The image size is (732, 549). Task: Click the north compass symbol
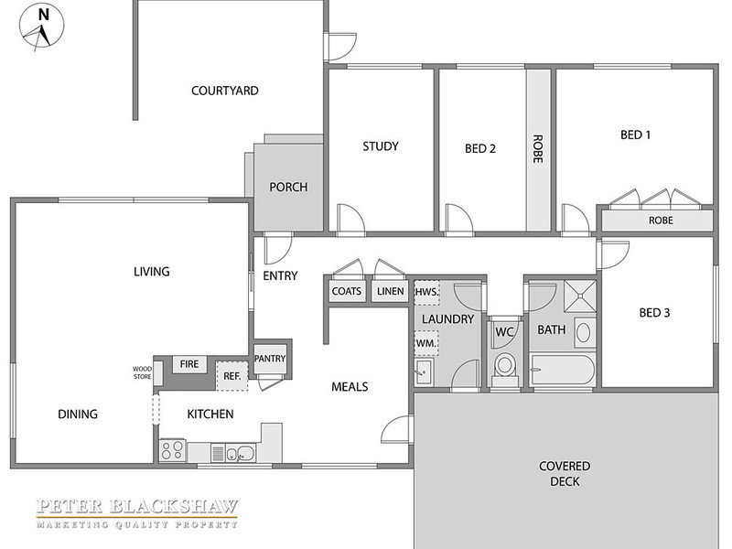(41, 27)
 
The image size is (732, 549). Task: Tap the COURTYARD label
(225, 91)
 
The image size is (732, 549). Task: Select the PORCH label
(288, 188)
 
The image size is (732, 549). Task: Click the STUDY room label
(381, 146)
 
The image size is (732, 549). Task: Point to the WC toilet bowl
(505, 368)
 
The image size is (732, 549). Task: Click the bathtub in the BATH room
(563, 370)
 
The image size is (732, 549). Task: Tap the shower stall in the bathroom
(580, 296)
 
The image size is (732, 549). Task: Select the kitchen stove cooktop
(172, 450)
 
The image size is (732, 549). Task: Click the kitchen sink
(241, 453)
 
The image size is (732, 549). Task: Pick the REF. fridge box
(232, 376)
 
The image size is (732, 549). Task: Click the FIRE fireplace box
(189, 364)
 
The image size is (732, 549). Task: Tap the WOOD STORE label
(143, 372)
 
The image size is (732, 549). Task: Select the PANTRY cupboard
(270, 359)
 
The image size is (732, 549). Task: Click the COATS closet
(347, 291)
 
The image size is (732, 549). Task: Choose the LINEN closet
(391, 291)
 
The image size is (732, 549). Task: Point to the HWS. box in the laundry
(426, 293)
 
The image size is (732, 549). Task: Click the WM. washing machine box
(426, 344)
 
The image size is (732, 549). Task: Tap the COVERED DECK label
(565, 474)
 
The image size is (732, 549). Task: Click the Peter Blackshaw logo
(137, 513)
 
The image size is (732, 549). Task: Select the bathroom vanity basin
(584, 333)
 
